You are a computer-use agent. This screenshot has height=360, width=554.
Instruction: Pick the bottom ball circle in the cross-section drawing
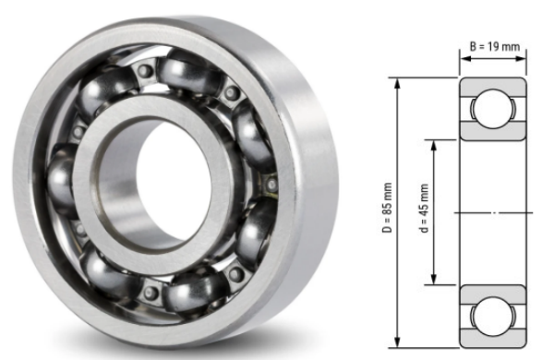click(x=493, y=315)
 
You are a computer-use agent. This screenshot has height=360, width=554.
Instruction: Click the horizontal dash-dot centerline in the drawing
click(x=494, y=213)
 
